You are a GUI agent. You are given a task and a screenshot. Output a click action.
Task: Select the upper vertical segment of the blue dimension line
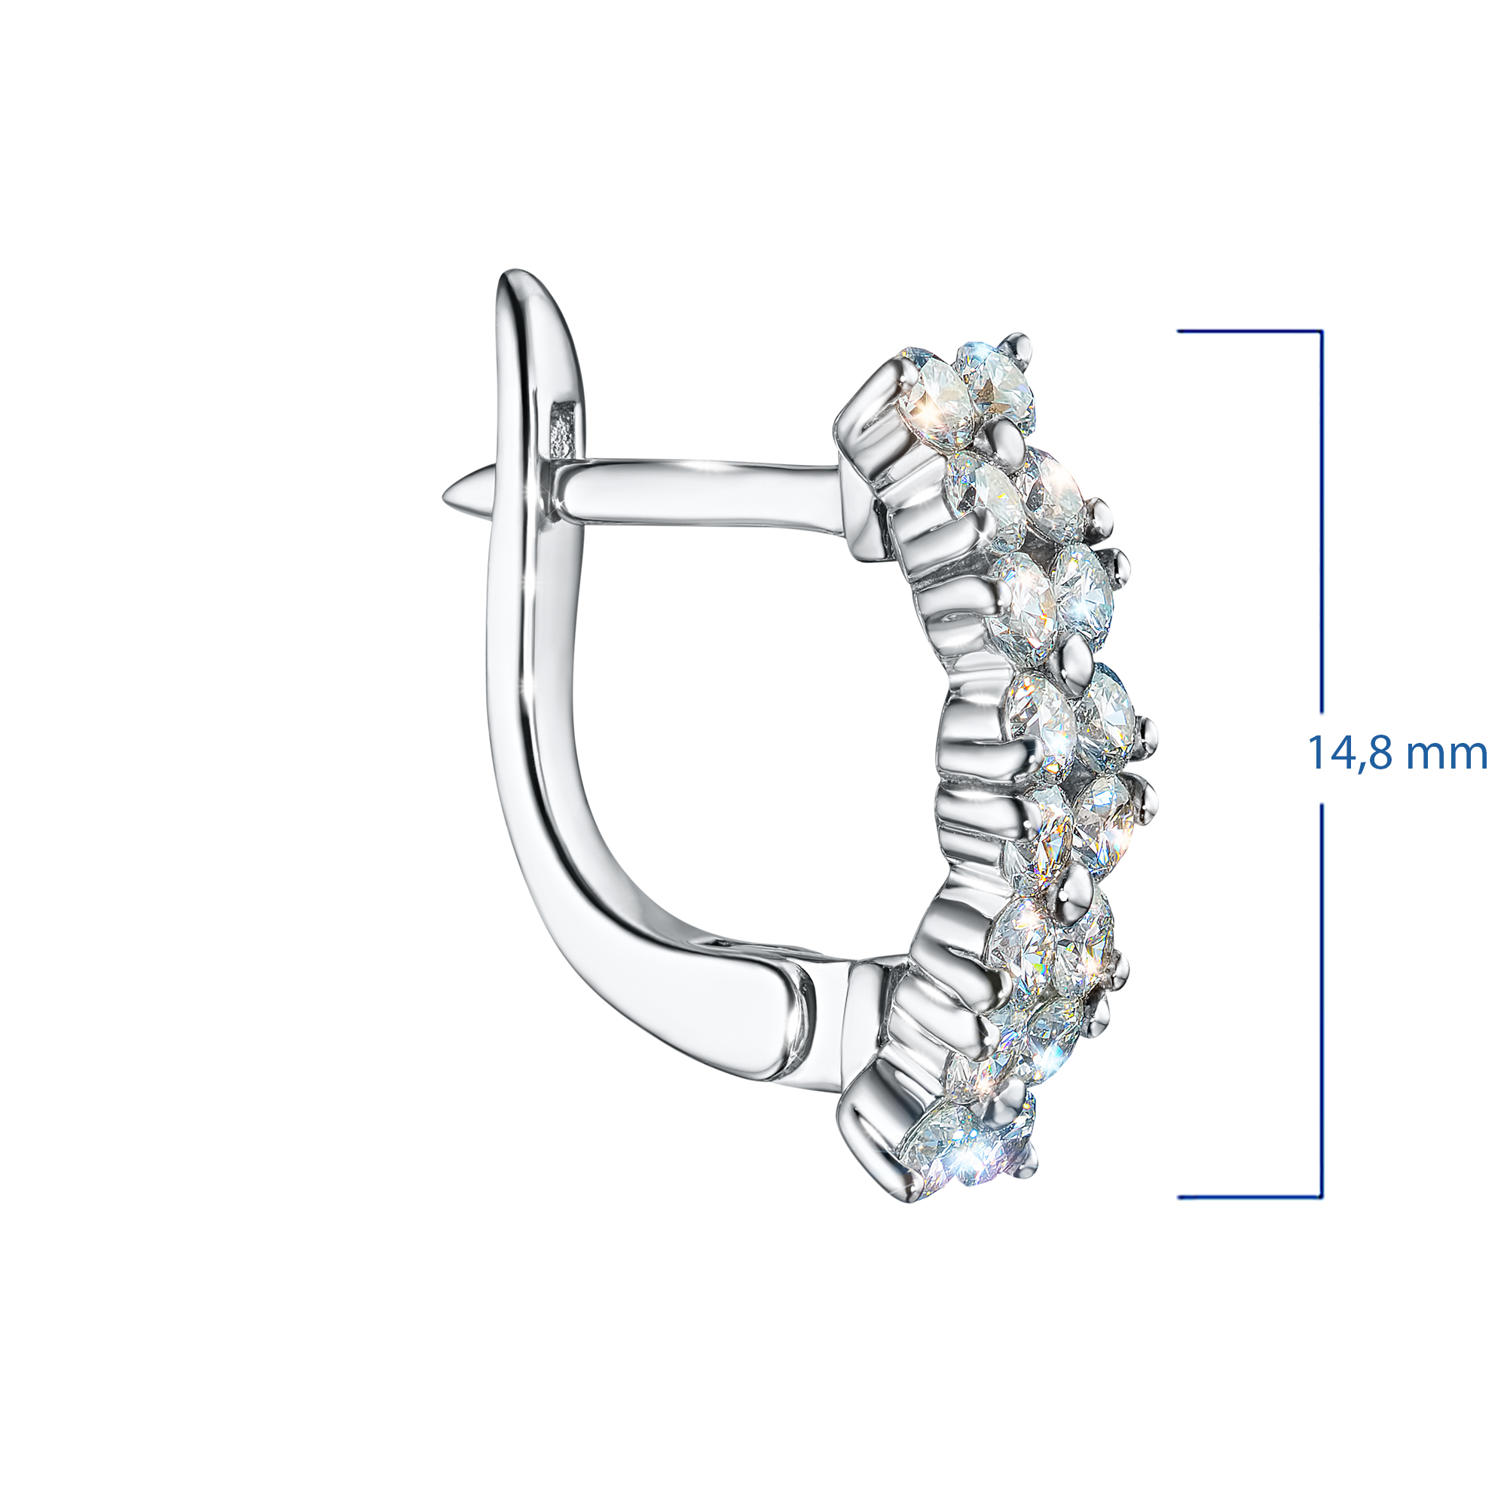tap(1322, 521)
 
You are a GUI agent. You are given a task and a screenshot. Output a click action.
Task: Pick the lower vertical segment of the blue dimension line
tap(1322, 1001)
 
